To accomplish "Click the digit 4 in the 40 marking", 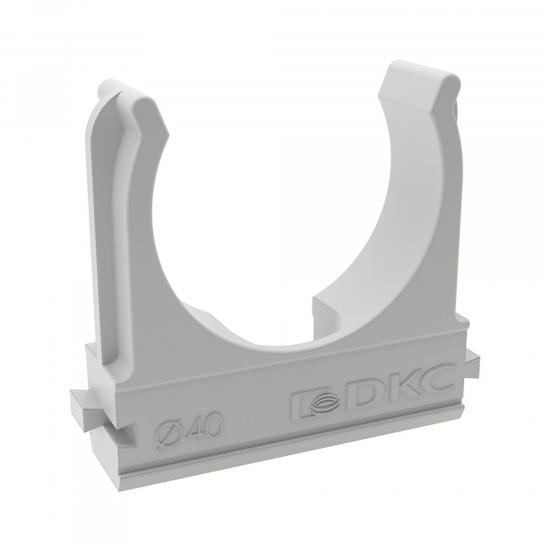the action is pos(191,426).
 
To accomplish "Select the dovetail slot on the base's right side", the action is pos(472,364).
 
